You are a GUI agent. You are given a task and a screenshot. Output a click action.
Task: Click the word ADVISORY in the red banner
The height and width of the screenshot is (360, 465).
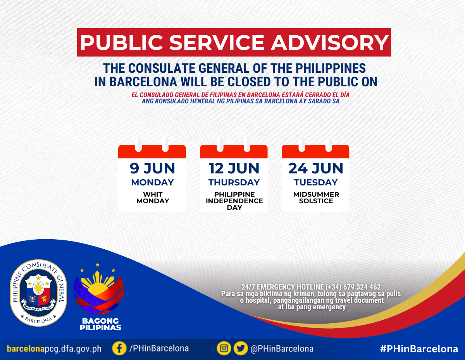coord(330,43)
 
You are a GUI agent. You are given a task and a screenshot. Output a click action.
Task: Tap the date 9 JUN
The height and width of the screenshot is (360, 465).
coord(152,168)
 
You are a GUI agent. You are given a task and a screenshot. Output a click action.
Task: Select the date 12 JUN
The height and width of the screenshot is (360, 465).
coord(234,168)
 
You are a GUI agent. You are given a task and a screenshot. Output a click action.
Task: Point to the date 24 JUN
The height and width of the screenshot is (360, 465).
coord(316,168)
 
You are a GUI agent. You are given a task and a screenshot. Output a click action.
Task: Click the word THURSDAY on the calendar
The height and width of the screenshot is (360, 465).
coord(234,182)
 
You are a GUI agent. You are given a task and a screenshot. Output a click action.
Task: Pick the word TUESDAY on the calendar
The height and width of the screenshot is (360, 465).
coord(316,182)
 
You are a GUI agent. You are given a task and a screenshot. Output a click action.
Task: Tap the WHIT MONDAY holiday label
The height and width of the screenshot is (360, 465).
coord(153,197)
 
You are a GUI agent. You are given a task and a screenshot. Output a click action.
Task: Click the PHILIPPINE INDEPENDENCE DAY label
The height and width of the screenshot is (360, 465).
coord(234,201)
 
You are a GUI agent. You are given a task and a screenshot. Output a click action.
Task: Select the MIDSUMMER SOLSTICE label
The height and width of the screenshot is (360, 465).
coord(316,197)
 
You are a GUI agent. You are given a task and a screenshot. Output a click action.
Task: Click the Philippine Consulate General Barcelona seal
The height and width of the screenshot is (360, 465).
coord(38,293)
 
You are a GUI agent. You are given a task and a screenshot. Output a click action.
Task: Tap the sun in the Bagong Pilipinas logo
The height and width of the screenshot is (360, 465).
coord(98,285)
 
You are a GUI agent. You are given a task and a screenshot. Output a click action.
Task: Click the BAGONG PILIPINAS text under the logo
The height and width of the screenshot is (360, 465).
coord(100,324)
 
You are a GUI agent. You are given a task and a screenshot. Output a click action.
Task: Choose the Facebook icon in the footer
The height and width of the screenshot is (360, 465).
coord(119,348)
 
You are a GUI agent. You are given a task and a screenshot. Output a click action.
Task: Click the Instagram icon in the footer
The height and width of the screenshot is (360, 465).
coord(224,348)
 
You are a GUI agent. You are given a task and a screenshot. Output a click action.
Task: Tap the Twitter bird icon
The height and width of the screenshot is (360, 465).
coord(241,348)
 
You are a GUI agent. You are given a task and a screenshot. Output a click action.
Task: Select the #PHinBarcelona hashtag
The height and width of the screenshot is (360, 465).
coord(419,349)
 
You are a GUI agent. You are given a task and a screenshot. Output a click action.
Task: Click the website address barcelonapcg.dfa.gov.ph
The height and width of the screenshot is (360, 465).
coord(54,349)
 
